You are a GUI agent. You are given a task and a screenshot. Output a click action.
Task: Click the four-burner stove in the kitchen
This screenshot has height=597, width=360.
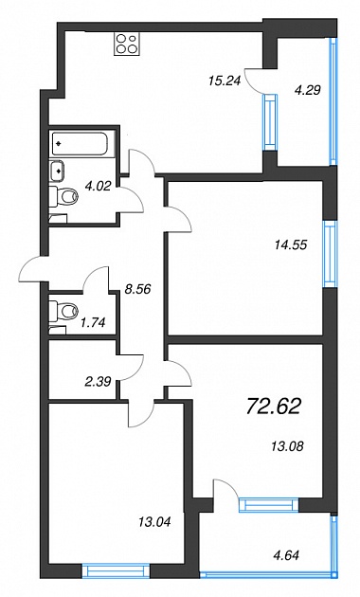(x=127, y=44)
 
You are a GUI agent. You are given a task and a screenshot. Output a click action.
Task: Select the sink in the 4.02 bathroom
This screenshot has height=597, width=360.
(x=57, y=170)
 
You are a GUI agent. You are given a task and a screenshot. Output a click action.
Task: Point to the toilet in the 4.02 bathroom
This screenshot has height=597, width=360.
(x=63, y=197)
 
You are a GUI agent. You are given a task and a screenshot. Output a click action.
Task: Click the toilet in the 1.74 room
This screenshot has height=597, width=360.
(x=63, y=310)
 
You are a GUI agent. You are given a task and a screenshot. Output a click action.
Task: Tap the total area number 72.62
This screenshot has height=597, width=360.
(x=274, y=406)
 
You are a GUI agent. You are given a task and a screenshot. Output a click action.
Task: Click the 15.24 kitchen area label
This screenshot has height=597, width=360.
(x=225, y=81)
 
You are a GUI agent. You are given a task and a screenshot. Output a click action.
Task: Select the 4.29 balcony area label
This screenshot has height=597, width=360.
(x=308, y=90)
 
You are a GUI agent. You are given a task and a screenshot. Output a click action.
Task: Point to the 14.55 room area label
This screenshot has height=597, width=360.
(x=290, y=244)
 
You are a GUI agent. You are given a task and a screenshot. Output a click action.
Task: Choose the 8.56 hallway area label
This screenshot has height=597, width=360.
(x=137, y=289)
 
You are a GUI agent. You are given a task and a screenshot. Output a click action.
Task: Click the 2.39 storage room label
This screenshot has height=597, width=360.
(x=99, y=381)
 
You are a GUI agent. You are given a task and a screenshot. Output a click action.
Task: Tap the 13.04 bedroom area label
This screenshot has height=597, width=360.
(x=154, y=521)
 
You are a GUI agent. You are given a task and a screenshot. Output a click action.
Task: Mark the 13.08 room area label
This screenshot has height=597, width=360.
(x=287, y=445)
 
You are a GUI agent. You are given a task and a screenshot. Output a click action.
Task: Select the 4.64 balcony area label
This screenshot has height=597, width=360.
(x=286, y=555)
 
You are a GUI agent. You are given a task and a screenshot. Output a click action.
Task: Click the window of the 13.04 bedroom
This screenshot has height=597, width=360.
(x=116, y=571)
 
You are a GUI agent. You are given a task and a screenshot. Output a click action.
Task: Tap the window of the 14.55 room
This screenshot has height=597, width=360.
(x=330, y=254)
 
